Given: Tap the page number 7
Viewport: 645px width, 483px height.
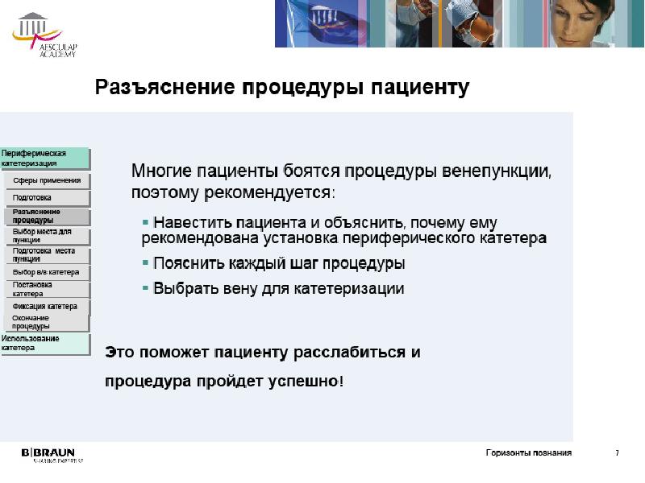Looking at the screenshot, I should [x=618, y=453].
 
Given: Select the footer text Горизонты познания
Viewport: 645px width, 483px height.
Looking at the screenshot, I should [x=528, y=453].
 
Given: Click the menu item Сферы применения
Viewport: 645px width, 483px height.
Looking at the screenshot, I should [x=47, y=180].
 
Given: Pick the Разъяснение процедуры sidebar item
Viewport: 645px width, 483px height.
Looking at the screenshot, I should [x=47, y=216].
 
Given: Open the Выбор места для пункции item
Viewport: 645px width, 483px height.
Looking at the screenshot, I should [x=47, y=235].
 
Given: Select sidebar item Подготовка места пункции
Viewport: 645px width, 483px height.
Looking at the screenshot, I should [x=47, y=254].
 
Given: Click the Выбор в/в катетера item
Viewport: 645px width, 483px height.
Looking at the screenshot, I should [x=47, y=272].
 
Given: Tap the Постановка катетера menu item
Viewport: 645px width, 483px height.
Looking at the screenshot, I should [x=47, y=288].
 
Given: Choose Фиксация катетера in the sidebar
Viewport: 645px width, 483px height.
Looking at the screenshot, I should [x=47, y=306].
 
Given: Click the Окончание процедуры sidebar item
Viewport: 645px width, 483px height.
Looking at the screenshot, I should [x=47, y=322].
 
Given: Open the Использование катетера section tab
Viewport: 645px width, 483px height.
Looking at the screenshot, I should [x=45, y=344].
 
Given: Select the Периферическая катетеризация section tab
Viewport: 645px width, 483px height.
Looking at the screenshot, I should [x=45, y=158].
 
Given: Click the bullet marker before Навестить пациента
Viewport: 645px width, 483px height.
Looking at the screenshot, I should [x=145, y=221].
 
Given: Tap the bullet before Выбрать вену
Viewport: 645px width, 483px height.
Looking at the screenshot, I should [x=145, y=287].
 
